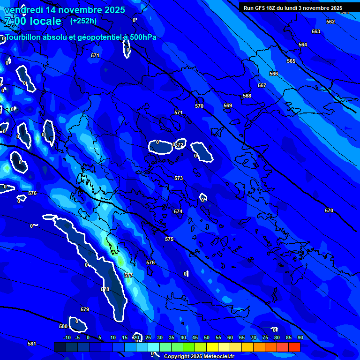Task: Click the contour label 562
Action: pos(330,22)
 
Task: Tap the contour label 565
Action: pos(291,61)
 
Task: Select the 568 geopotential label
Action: pos(247,96)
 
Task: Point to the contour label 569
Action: pos(228,106)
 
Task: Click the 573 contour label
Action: pos(179,179)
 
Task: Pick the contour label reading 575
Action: pos(169,240)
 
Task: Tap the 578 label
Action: pos(105,290)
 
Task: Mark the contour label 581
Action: pos(31,344)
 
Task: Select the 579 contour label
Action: pos(85,310)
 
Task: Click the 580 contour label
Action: pos(63,326)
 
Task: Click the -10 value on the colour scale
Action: pos(67,337)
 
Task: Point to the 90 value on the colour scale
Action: pos(300,337)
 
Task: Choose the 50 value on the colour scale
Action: pos(207,337)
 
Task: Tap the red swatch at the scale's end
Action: pos(294,347)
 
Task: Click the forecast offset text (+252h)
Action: pos(83,21)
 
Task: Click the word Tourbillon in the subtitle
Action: pos(24,37)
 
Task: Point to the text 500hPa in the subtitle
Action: pos(142,37)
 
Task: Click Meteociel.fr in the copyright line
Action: pos(219,357)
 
